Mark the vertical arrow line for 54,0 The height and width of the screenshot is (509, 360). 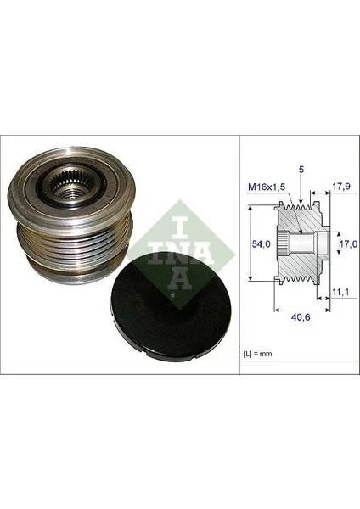pos(251,244)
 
